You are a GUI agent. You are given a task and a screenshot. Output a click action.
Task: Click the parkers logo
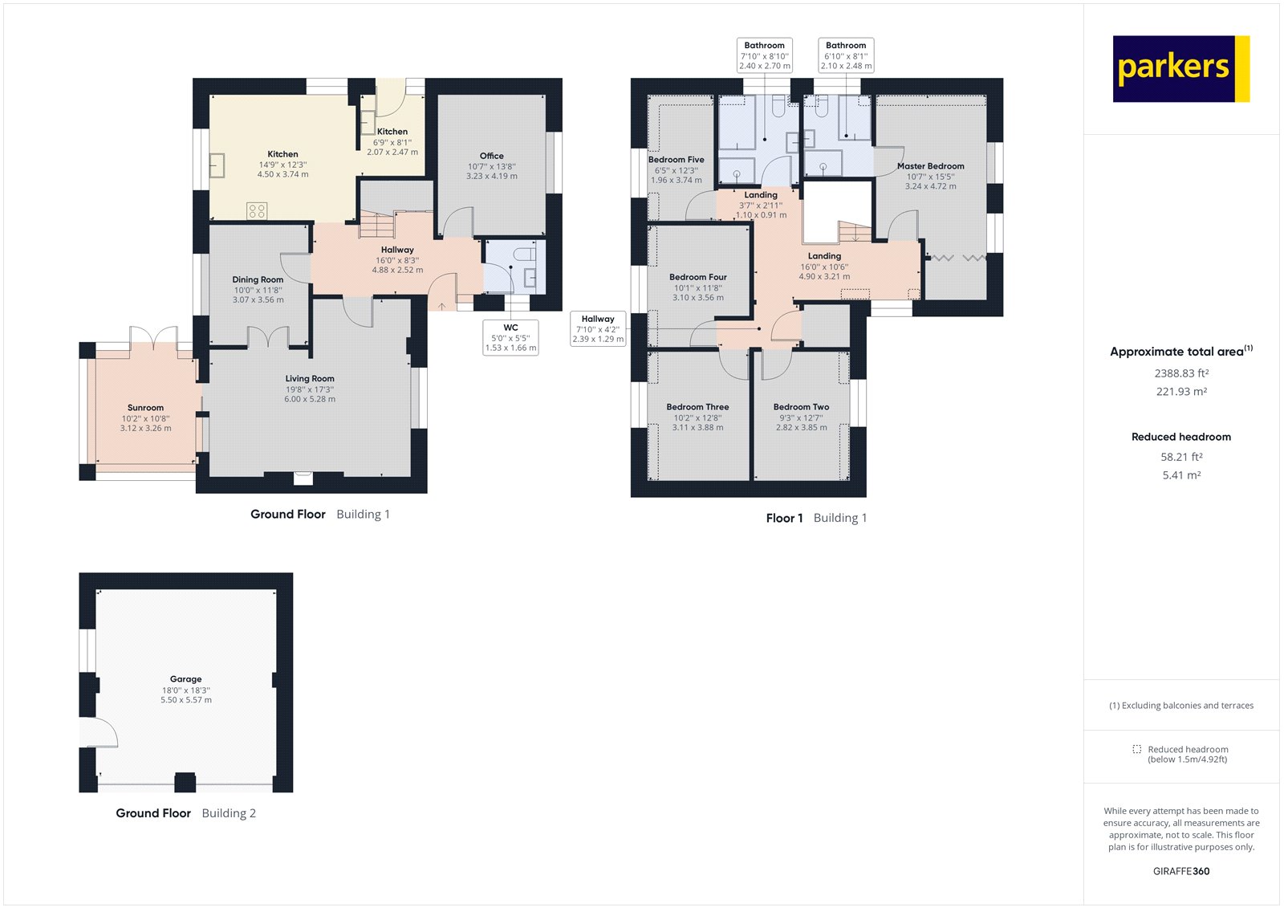point(1180,69)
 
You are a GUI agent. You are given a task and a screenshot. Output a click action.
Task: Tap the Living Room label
point(310,379)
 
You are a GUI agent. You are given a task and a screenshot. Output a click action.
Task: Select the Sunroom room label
point(145,408)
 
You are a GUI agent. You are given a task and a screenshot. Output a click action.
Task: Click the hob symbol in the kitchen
point(257,211)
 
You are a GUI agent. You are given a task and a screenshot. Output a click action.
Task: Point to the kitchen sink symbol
point(217,165)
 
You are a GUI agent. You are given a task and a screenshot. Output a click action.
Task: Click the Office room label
point(492,157)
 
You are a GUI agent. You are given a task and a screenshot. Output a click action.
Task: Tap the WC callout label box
point(510,337)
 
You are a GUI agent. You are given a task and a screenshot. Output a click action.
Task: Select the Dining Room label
point(258,280)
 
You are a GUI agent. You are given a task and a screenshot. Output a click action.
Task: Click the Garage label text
point(185,679)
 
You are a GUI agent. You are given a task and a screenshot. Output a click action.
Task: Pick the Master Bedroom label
point(931,166)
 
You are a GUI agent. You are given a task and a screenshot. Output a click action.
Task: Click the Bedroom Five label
point(677,160)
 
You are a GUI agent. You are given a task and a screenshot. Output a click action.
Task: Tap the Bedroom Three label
point(697,407)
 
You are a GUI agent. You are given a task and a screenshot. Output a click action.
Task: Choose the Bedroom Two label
point(801,407)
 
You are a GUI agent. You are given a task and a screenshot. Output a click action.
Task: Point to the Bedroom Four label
point(697,277)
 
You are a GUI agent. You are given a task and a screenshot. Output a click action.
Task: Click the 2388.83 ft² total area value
point(1181,373)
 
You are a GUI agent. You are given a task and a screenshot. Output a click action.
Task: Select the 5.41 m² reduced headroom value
point(1181,475)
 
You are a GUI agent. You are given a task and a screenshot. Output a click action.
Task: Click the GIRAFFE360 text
point(1181,871)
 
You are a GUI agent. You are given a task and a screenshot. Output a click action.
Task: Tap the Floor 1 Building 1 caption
point(816,519)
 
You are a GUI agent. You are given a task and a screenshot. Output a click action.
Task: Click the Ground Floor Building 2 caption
point(185,813)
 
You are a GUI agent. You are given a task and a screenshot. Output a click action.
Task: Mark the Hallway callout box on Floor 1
point(598,329)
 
